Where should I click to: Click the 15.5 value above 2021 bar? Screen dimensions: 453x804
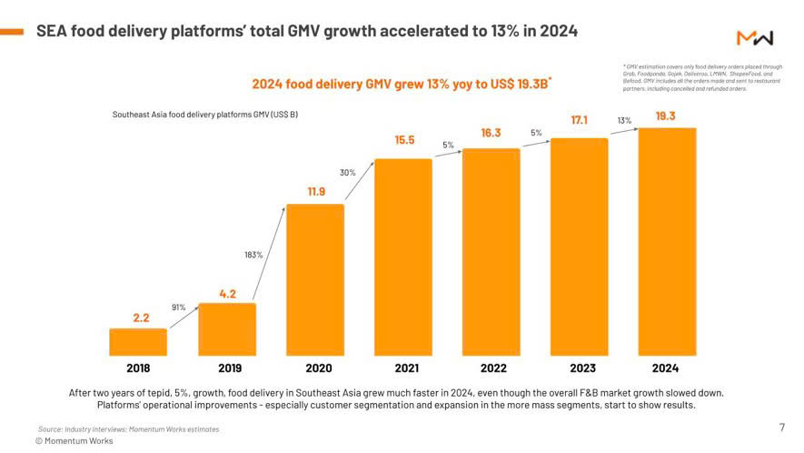click(x=404, y=140)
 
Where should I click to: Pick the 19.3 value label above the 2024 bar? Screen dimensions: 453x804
click(x=665, y=116)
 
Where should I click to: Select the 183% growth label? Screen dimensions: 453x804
click(x=253, y=255)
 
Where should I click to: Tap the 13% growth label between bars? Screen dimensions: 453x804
click(x=624, y=120)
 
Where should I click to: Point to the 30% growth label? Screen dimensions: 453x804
click(x=347, y=172)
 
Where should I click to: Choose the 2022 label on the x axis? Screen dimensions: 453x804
click(x=491, y=368)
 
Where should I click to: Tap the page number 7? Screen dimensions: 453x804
click(x=782, y=427)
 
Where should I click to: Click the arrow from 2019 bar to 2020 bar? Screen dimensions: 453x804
click(x=269, y=254)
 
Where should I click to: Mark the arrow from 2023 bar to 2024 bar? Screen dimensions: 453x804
click(x=623, y=131)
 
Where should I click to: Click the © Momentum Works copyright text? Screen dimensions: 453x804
click(x=74, y=440)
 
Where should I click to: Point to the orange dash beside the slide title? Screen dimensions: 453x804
click(x=12, y=32)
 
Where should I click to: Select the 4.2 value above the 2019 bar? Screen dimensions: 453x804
click(x=228, y=294)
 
